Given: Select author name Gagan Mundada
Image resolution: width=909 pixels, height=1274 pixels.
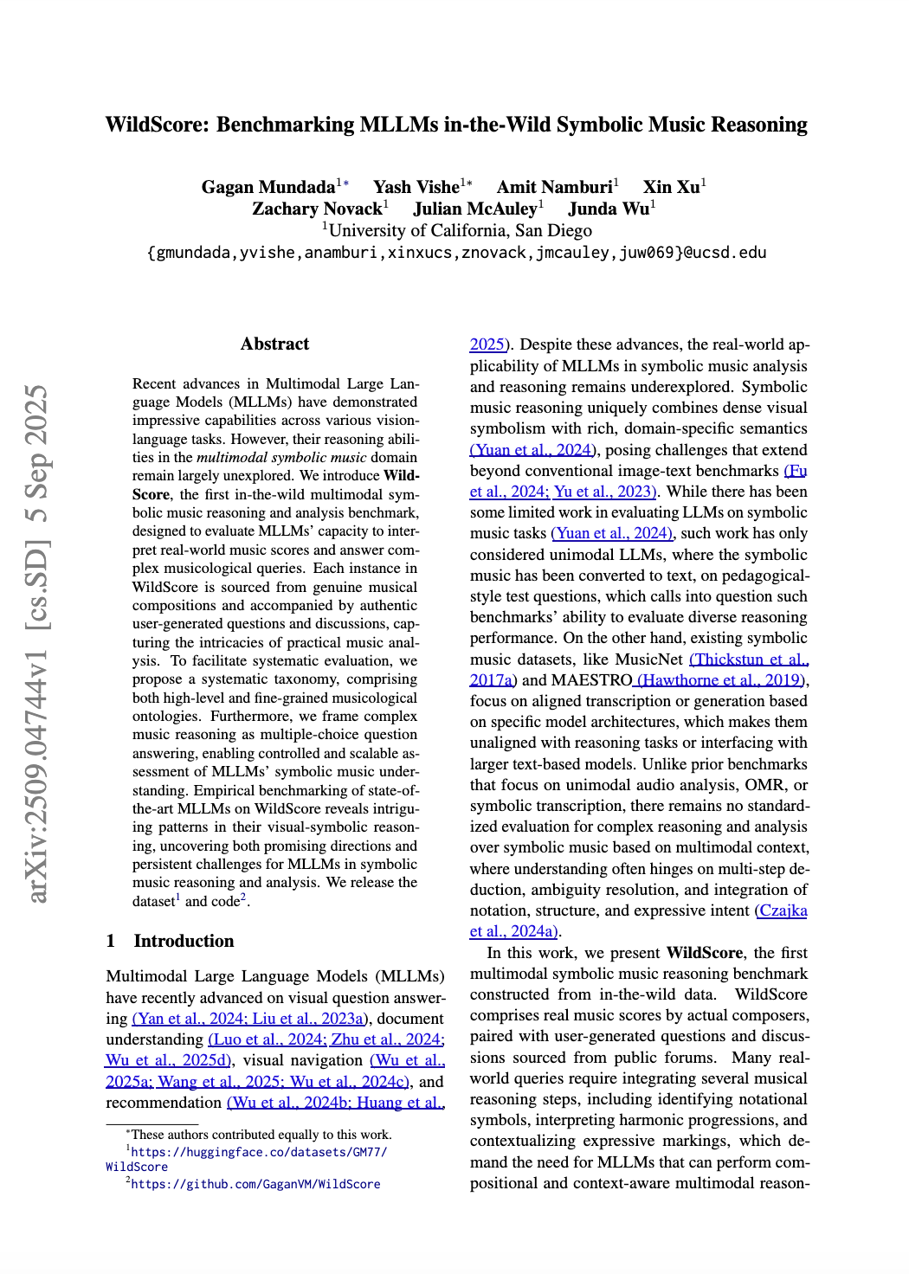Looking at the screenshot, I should point(268,187).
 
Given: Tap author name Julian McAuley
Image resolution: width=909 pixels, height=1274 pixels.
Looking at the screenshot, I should point(475,209).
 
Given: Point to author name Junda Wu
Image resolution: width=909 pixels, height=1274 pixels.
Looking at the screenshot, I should point(608,209).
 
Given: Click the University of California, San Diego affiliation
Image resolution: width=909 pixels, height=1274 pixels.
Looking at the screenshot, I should point(460,230).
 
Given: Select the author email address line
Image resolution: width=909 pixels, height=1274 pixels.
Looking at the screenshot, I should point(456,253).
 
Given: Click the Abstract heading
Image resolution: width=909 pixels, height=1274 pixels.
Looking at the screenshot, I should point(274,344).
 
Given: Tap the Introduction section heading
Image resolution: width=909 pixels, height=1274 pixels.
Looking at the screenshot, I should point(184,941).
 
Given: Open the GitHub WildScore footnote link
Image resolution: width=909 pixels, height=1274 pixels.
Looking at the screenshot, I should point(255,1184).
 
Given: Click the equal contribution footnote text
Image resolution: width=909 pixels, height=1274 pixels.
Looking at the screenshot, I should point(261,1134).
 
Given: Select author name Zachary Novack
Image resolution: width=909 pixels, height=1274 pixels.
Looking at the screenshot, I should point(316,209).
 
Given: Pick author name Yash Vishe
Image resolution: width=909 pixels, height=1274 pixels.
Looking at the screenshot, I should point(416,187).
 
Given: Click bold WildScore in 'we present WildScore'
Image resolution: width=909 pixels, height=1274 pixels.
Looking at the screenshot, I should point(704,953).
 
